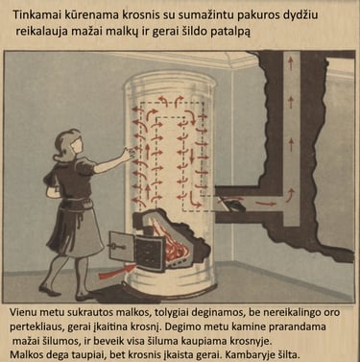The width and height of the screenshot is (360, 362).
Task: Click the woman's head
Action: [69, 146]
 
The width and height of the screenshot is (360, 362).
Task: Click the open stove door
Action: [121, 246]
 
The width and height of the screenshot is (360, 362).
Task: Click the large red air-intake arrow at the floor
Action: [117, 272]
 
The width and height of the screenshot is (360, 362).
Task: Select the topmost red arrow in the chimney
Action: [290, 62]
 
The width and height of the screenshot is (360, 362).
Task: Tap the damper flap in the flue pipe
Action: [232, 205]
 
